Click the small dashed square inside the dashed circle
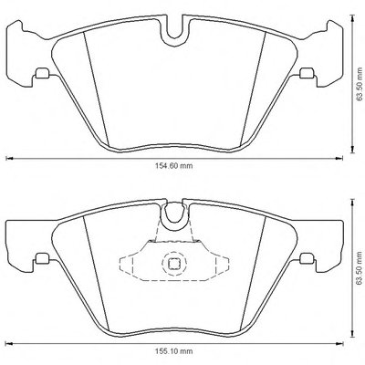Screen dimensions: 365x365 pos(173,264)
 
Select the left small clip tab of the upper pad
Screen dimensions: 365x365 pos(42,73)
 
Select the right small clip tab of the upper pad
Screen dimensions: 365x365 pos(307,73)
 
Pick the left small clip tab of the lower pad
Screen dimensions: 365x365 pos(42,258)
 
